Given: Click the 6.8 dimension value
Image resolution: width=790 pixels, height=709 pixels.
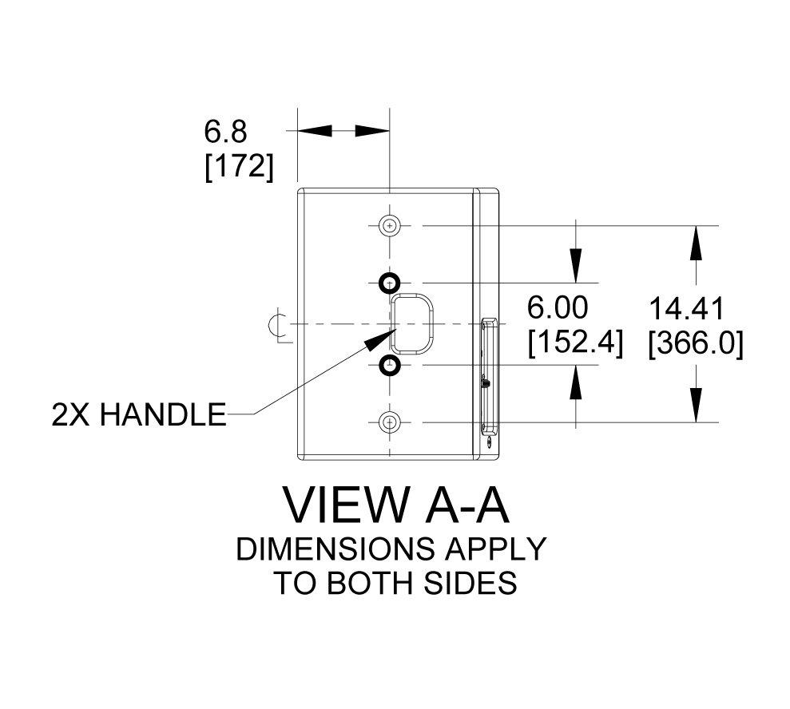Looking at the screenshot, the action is [225, 131].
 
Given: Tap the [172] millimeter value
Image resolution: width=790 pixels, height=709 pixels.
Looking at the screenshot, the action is [240, 166].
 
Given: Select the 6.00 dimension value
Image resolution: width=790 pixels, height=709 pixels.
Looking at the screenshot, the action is [558, 307].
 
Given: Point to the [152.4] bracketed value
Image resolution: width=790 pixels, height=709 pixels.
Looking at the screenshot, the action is [575, 343].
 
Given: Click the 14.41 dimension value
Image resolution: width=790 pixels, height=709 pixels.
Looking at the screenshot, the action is [686, 309].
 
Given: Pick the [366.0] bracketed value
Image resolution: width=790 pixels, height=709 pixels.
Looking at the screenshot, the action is [696, 344].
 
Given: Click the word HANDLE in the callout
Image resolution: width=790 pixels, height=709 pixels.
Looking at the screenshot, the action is [163, 415].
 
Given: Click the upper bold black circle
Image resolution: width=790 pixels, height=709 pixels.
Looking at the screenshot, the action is [390, 283].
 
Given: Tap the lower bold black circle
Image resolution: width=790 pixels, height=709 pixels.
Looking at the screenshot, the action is [390, 365].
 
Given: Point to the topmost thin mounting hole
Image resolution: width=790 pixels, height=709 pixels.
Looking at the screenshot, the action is [390, 226].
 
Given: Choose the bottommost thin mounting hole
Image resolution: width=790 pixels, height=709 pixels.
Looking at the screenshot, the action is [390, 422].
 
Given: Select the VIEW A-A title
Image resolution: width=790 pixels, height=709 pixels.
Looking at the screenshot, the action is [395, 505].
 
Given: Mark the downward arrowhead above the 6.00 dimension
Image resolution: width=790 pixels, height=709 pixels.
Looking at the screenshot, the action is [576, 266].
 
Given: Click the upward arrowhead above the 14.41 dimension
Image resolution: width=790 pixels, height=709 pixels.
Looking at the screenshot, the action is [697, 243].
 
